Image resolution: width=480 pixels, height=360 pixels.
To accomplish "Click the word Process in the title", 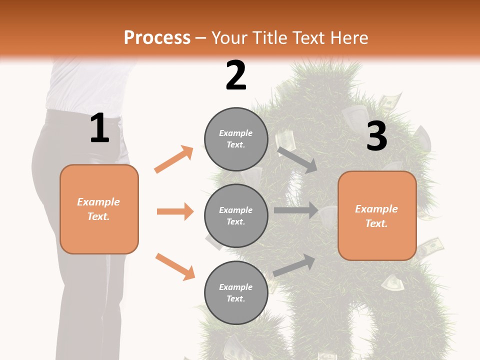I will (x=157, y=38).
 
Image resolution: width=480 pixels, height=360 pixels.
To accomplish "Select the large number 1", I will (x=99, y=128).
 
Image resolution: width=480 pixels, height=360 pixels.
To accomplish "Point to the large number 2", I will (x=236, y=75).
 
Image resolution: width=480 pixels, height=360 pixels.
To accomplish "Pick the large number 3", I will (x=376, y=136).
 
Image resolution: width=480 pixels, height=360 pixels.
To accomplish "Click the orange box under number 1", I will (x=99, y=209).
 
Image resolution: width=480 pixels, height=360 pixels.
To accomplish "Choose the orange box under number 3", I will (x=377, y=216).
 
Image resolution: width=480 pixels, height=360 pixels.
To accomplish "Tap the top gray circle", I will (x=236, y=139).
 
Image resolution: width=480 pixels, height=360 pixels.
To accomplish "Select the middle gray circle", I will (x=236, y=216).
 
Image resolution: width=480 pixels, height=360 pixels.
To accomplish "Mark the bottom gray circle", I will (x=236, y=293).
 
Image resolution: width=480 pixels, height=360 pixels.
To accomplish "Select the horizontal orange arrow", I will (x=175, y=211).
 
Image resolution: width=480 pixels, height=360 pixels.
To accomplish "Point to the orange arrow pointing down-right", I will (x=175, y=266).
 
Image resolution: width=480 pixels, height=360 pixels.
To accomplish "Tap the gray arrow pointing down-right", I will (x=297, y=159).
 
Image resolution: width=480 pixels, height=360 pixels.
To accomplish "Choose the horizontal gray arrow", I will (x=296, y=210).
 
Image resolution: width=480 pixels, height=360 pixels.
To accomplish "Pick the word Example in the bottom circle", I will (x=236, y=287).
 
